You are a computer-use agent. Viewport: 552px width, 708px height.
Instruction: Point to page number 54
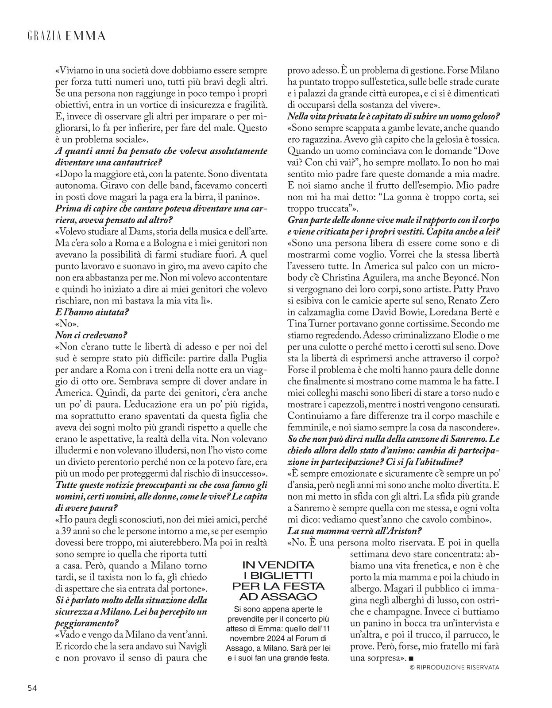pos(32,687)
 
